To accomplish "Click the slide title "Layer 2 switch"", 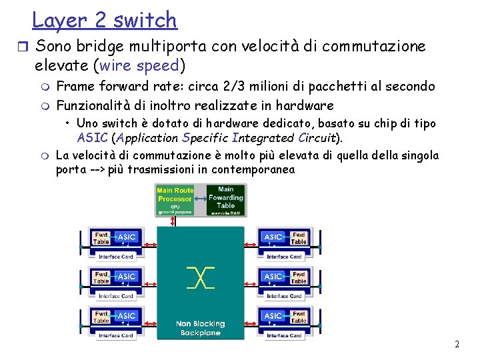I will (105, 20).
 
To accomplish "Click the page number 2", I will (457, 345).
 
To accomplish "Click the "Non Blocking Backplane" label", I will (200, 328).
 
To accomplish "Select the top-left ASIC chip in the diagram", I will (127, 237).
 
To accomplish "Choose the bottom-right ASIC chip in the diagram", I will (273, 315).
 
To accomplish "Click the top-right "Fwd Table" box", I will (299, 238).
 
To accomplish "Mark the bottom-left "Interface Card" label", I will (116, 335).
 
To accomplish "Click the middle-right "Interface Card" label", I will (284, 296).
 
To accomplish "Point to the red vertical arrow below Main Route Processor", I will (173, 221).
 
